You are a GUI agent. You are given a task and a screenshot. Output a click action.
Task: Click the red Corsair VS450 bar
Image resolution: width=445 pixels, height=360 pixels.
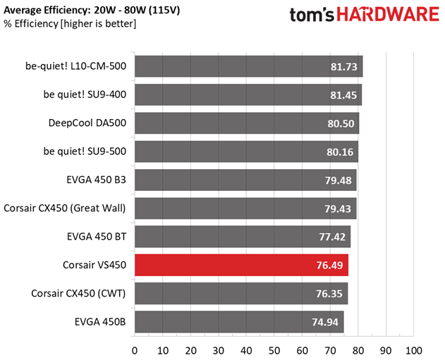click(241, 265)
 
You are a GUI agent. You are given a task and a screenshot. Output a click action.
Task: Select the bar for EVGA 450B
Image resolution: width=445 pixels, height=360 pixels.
click(239, 322)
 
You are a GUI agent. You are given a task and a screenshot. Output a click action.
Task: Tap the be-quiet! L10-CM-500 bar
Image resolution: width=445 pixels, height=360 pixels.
click(249, 66)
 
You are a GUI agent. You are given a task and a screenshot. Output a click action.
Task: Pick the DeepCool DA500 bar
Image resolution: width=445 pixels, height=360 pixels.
click(247, 123)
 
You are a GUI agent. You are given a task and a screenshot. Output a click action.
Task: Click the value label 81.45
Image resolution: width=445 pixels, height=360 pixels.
click(343, 95)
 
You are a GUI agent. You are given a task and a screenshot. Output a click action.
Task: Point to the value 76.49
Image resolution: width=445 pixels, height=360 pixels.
click(330, 266)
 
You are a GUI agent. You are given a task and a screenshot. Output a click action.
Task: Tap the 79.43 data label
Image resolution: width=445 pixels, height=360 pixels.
click(338, 209)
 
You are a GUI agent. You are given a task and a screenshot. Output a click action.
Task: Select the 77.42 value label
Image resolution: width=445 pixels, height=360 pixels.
click(332, 237)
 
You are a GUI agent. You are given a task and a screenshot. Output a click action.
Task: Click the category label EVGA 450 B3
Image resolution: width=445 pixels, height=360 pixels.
click(96, 180)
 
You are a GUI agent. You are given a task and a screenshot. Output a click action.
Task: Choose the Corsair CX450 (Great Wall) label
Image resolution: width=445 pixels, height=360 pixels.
click(65, 209)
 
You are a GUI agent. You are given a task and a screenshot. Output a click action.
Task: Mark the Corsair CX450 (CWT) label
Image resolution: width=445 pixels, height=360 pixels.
click(78, 293)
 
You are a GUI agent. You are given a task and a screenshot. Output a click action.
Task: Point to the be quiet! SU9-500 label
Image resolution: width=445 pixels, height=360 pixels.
click(85, 151)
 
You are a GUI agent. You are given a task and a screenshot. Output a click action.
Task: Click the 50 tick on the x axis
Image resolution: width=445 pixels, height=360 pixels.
click(274, 351)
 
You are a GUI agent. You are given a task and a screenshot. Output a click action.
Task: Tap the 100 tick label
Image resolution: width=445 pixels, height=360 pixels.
click(414, 351)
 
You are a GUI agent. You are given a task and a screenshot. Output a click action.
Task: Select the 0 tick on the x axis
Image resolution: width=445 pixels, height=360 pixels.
click(135, 351)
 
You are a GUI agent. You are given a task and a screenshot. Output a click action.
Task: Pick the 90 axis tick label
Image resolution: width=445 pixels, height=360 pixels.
click(386, 351)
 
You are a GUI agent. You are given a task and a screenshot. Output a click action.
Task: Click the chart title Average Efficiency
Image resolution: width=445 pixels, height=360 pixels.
click(45, 11)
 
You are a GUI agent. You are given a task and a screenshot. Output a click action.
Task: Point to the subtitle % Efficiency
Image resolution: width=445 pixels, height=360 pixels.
click(31, 24)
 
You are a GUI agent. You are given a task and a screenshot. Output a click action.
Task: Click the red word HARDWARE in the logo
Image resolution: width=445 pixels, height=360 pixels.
click(389, 14)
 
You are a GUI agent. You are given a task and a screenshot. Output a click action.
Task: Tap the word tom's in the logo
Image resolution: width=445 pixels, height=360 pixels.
click(312, 15)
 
